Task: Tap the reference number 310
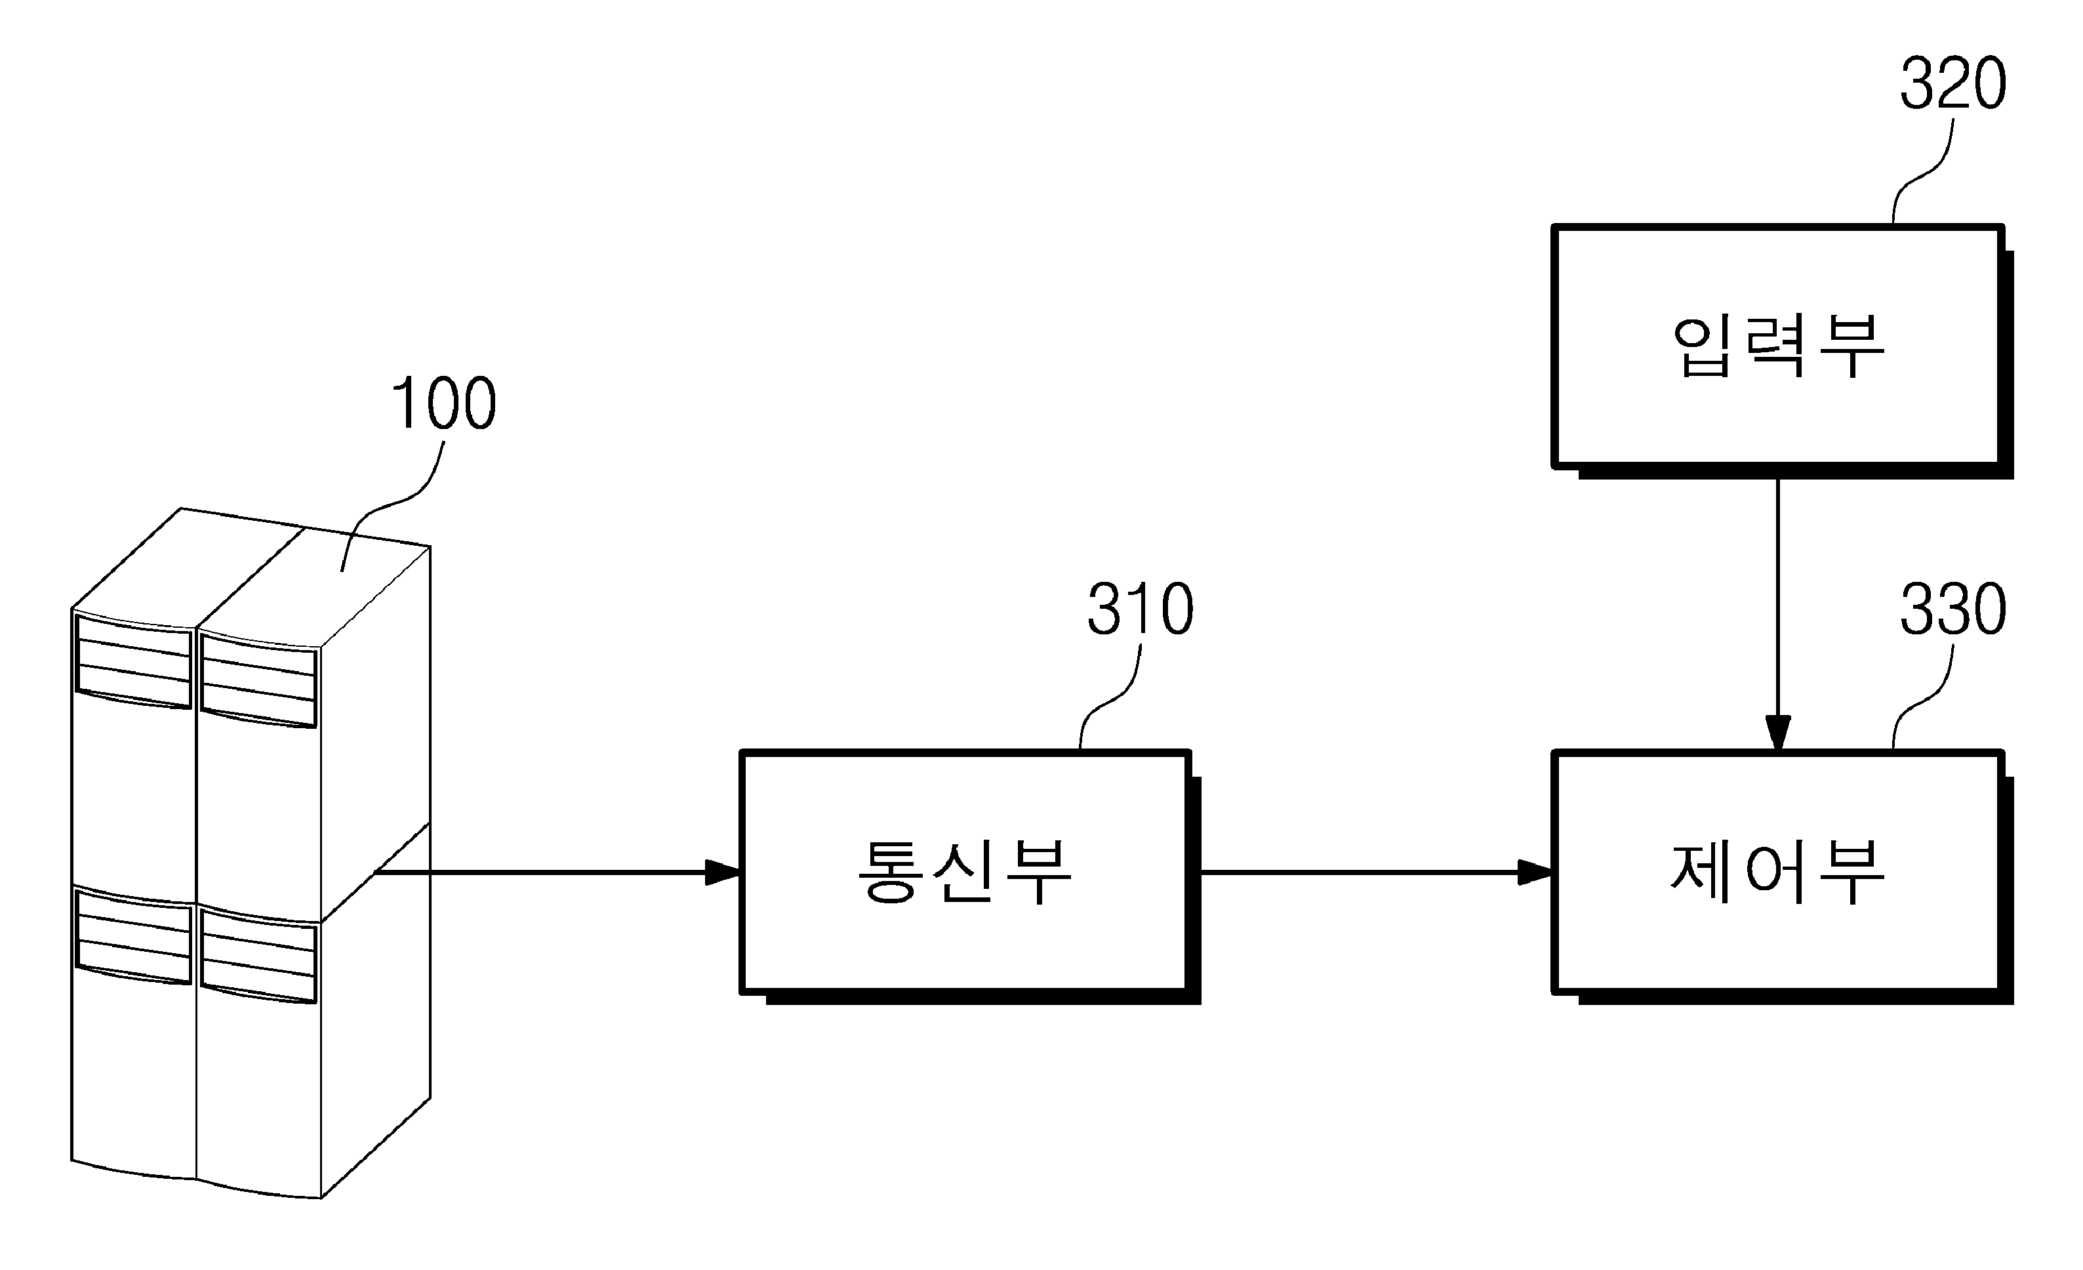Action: (1141, 609)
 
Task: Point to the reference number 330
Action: (1953, 609)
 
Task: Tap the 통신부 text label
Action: (965, 871)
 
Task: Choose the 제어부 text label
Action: (1778, 871)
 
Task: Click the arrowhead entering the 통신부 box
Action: (723, 872)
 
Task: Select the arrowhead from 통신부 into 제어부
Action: (1536, 872)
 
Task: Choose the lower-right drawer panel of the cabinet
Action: (258, 956)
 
